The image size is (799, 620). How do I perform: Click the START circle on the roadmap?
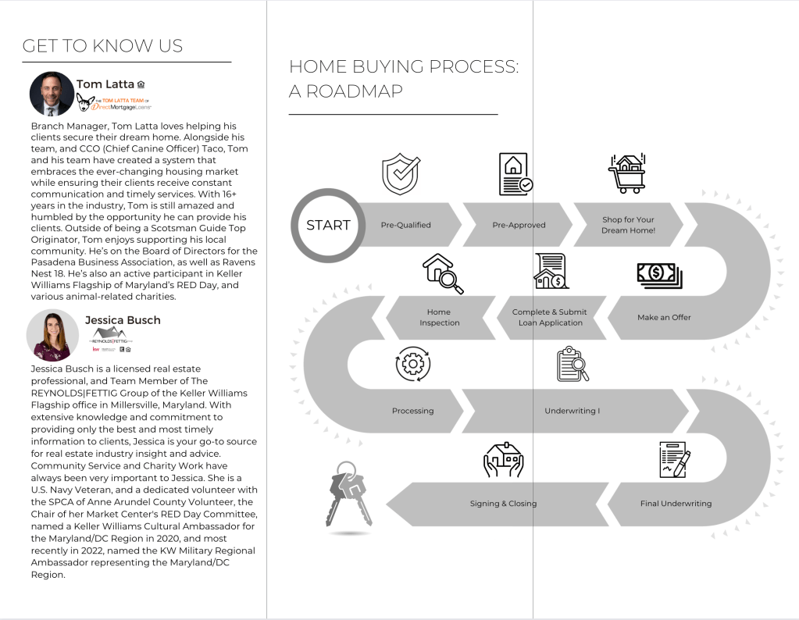pyautogui.click(x=328, y=225)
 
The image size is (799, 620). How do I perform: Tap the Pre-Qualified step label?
pyautogui.click(x=405, y=225)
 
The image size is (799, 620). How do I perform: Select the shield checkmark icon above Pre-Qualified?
pyautogui.click(x=401, y=174)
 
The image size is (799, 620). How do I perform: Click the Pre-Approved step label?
pyautogui.click(x=519, y=225)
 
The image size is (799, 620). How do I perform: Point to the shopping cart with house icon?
pyautogui.click(x=627, y=173)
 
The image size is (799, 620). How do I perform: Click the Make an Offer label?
pyautogui.click(x=665, y=317)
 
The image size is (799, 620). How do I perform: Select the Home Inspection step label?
pyautogui.click(x=439, y=317)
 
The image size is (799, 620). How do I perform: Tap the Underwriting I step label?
pyautogui.click(x=572, y=411)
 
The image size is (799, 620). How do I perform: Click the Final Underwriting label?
pyautogui.click(x=676, y=504)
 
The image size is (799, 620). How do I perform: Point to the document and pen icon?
pyautogui.click(x=674, y=460)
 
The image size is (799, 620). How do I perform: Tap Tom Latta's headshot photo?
pyautogui.click(x=52, y=94)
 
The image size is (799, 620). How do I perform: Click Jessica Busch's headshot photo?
pyautogui.click(x=52, y=334)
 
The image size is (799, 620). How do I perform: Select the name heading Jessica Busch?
pyautogui.click(x=123, y=319)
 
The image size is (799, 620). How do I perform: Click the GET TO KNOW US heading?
pyautogui.click(x=102, y=46)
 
